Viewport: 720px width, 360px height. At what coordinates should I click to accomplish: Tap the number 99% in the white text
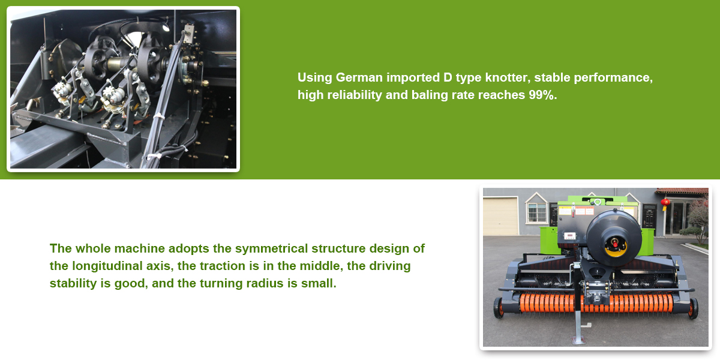[543, 95]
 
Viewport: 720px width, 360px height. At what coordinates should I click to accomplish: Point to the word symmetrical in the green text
[271, 249]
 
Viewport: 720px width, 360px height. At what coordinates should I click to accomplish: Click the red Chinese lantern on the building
[665, 203]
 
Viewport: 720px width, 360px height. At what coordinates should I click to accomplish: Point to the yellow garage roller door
[500, 216]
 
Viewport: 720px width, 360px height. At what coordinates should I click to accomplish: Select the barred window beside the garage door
[536, 213]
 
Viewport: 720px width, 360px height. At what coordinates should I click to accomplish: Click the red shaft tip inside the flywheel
[615, 244]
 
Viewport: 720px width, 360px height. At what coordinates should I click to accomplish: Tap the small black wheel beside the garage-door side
[498, 308]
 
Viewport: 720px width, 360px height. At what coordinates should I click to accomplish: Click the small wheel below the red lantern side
[693, 308]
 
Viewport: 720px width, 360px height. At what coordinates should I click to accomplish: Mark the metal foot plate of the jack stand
[578, 340]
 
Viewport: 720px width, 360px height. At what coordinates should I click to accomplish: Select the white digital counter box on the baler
[570, 236]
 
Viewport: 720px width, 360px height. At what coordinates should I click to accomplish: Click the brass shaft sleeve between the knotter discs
[116, 64]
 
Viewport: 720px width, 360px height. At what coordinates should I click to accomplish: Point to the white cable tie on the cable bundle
[158, 116]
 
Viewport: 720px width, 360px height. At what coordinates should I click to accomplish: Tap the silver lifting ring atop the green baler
[597, 202]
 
